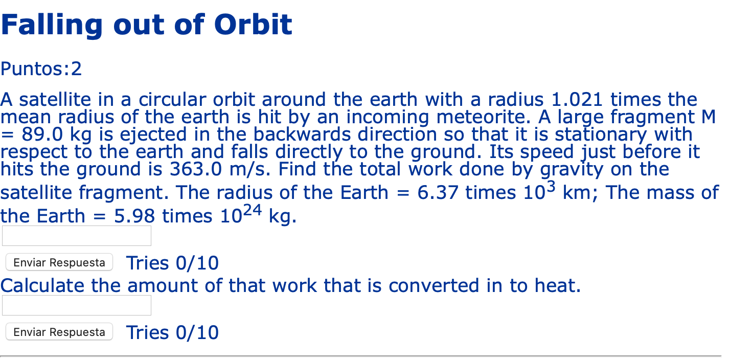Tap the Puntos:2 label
pyautogui.click(x=41, y=69)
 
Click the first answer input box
pyautogui.click(x=77, y=236)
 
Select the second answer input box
pyautogui.click(x=77, y=305)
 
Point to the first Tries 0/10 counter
pyautogui.click(x=172, y=263)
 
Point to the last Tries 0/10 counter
pyautogui.click(x=172, y=332)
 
